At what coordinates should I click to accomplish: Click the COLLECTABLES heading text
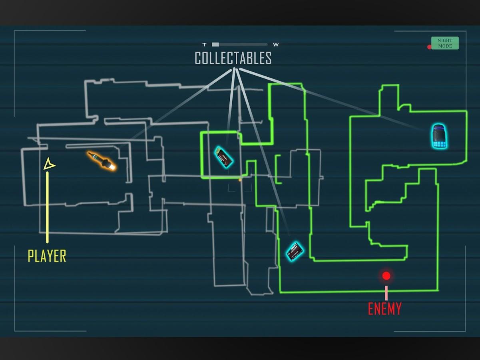click(233, 58)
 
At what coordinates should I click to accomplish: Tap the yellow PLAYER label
click(47, 256)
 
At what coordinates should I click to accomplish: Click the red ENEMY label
click(384, 309)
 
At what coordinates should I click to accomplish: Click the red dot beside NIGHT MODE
click(429, 47)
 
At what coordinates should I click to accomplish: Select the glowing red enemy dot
click(386, 276)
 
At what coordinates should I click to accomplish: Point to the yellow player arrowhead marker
click(49, 164)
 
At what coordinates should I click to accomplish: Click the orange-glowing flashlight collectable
click(102, 161)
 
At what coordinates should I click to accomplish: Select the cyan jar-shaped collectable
click(439, 136)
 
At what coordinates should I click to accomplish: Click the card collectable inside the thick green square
click(223, 157)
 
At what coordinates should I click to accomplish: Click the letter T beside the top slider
click(205, 45)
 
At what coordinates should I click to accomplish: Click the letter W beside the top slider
click(276, 45)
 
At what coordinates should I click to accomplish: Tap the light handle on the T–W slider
click(215, 45)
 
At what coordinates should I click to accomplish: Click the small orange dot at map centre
click(240, 180)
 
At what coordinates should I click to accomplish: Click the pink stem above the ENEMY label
click(386, 293)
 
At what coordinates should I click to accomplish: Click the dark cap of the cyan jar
click(439, 128)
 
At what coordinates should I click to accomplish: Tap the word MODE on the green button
click(445, 46)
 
